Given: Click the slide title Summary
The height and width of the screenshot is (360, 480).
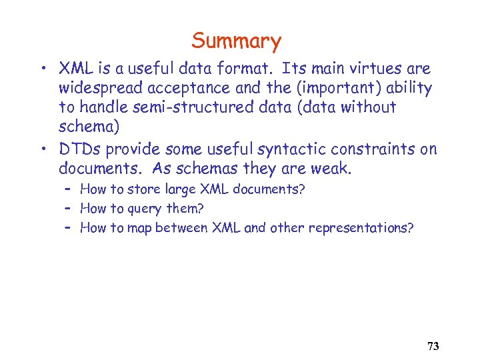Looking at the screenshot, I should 237,41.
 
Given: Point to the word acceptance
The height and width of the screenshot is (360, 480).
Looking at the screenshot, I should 183,88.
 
